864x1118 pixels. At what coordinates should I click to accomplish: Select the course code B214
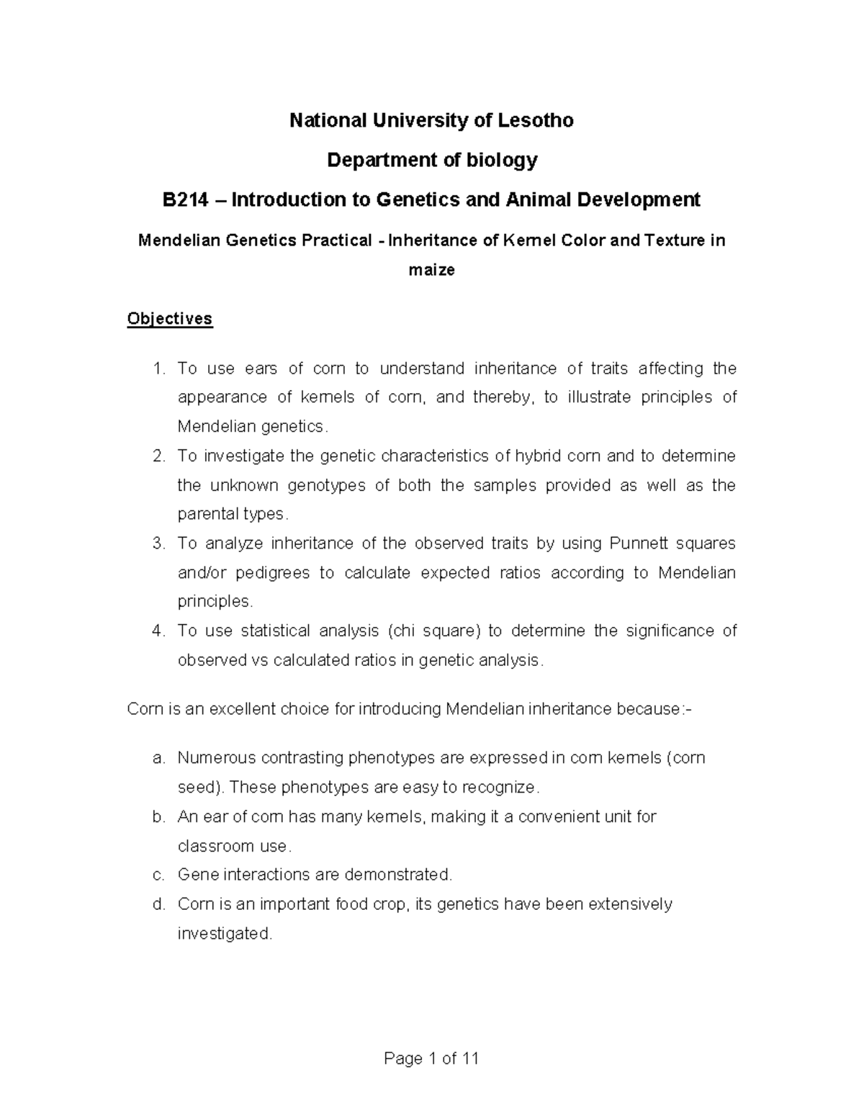pyautogui.click(x=185, y=199)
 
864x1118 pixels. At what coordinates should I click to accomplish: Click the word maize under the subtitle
pyautogui.click(x=431, y=270)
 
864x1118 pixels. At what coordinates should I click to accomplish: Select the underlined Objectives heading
pyautogui.click(x=170, y=318)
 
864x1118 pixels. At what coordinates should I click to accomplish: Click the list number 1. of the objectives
pyautogui.click(x=160, y=369)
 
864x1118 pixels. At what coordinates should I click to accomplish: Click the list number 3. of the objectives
pyautogui.click(x=160, y=544)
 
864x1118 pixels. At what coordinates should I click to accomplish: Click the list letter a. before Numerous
pyautogui.click(x=160, y=758)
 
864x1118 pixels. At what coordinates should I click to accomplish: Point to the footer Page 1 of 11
pyautogui.click(x=431, y=1058)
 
